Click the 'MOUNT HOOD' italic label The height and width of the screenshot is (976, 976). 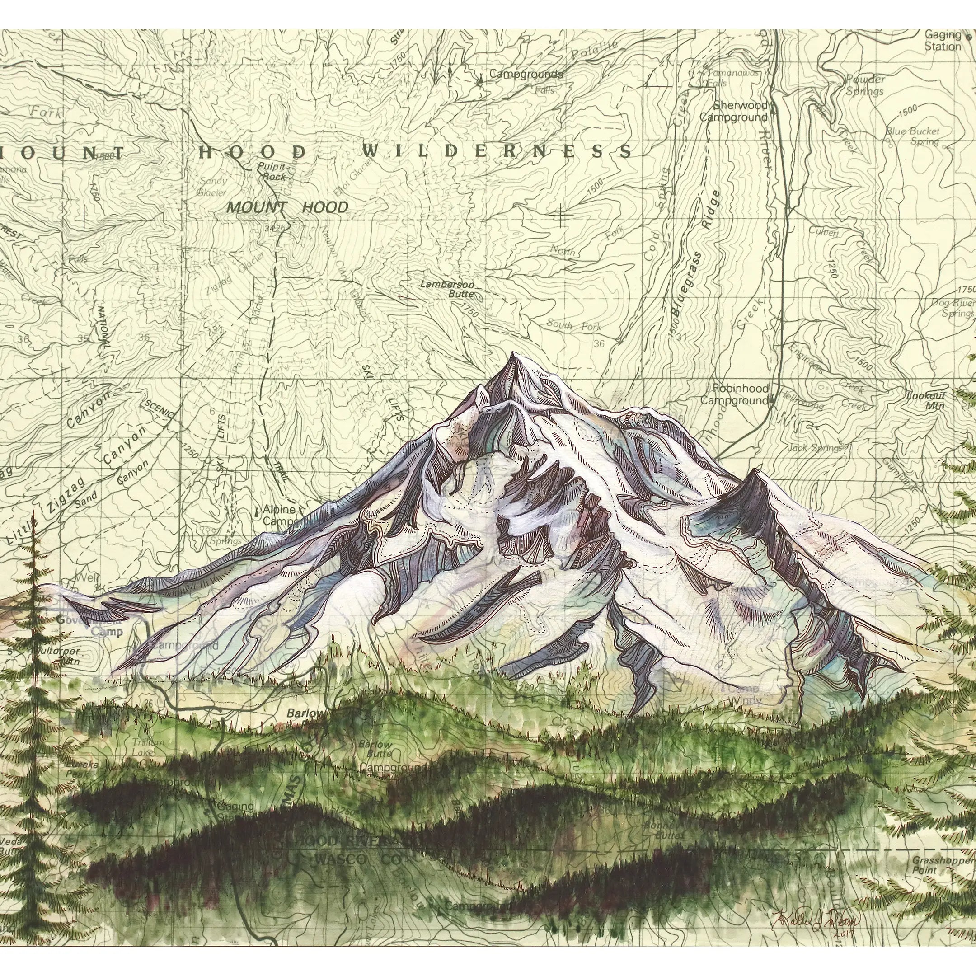287,207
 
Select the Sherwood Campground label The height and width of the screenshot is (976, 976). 733,112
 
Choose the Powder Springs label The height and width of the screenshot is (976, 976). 865,85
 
